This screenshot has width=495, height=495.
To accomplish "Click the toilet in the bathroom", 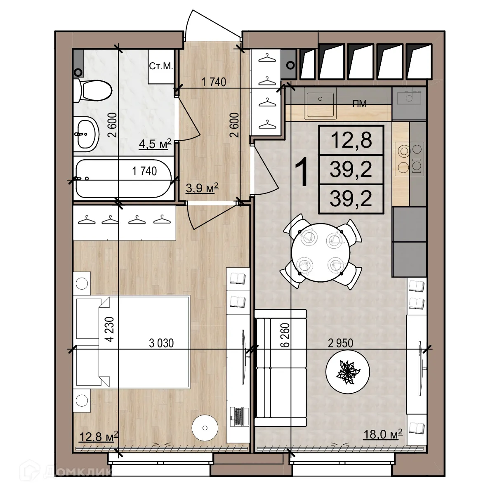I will click(92, 90).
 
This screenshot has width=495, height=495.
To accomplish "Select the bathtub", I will click(123, 179).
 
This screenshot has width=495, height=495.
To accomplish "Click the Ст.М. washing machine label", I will click(160, 66).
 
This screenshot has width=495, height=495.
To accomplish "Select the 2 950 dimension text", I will click(340, 343).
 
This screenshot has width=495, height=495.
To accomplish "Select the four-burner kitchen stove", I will click(409, 157).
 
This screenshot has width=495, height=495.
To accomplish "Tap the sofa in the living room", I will click(280, 368).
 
